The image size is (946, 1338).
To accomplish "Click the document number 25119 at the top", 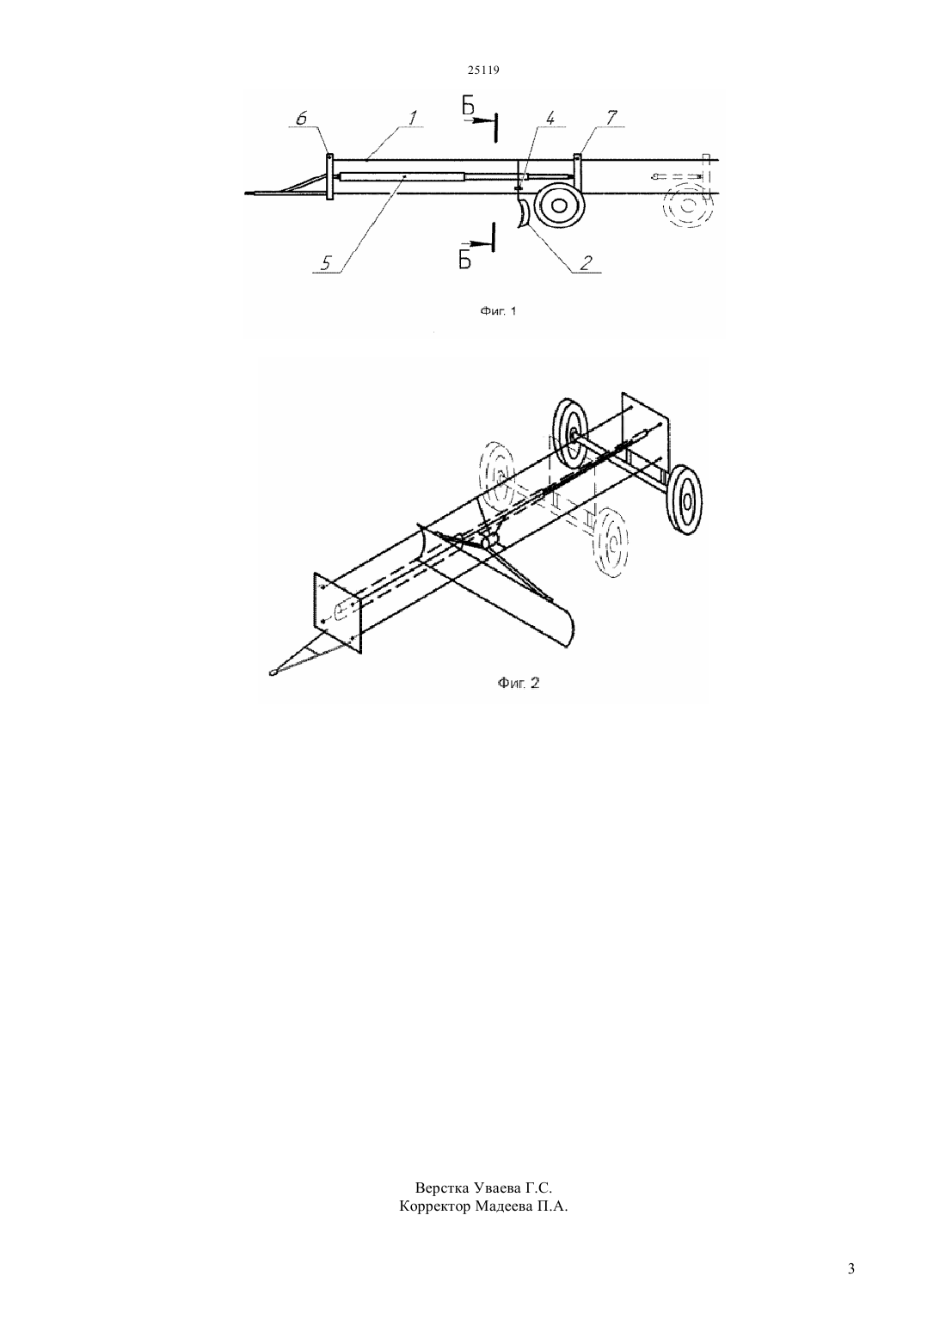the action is pos(483,70).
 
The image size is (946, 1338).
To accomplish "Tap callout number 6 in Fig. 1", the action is pos(301,119).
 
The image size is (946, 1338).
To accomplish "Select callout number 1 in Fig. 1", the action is pos(412,118).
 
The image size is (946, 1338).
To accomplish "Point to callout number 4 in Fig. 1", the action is pos(550,119).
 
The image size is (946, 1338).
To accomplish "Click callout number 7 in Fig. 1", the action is pos(611,118).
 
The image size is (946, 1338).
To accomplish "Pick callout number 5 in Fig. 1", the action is pos(325,263).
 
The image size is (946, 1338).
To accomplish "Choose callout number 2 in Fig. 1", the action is pos(586,263).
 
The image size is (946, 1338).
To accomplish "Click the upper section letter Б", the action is pos(468,106).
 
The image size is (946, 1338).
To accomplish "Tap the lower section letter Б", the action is pos(465,260).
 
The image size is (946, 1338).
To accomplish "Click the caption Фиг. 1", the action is pos(498,311).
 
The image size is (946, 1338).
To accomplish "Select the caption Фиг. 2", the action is pos(519,683).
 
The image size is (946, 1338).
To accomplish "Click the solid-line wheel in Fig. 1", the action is pos(558,205).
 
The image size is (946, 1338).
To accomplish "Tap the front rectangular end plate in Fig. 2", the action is pos(337,612).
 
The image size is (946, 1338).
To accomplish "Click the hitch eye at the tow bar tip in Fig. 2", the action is pos(273,672).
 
